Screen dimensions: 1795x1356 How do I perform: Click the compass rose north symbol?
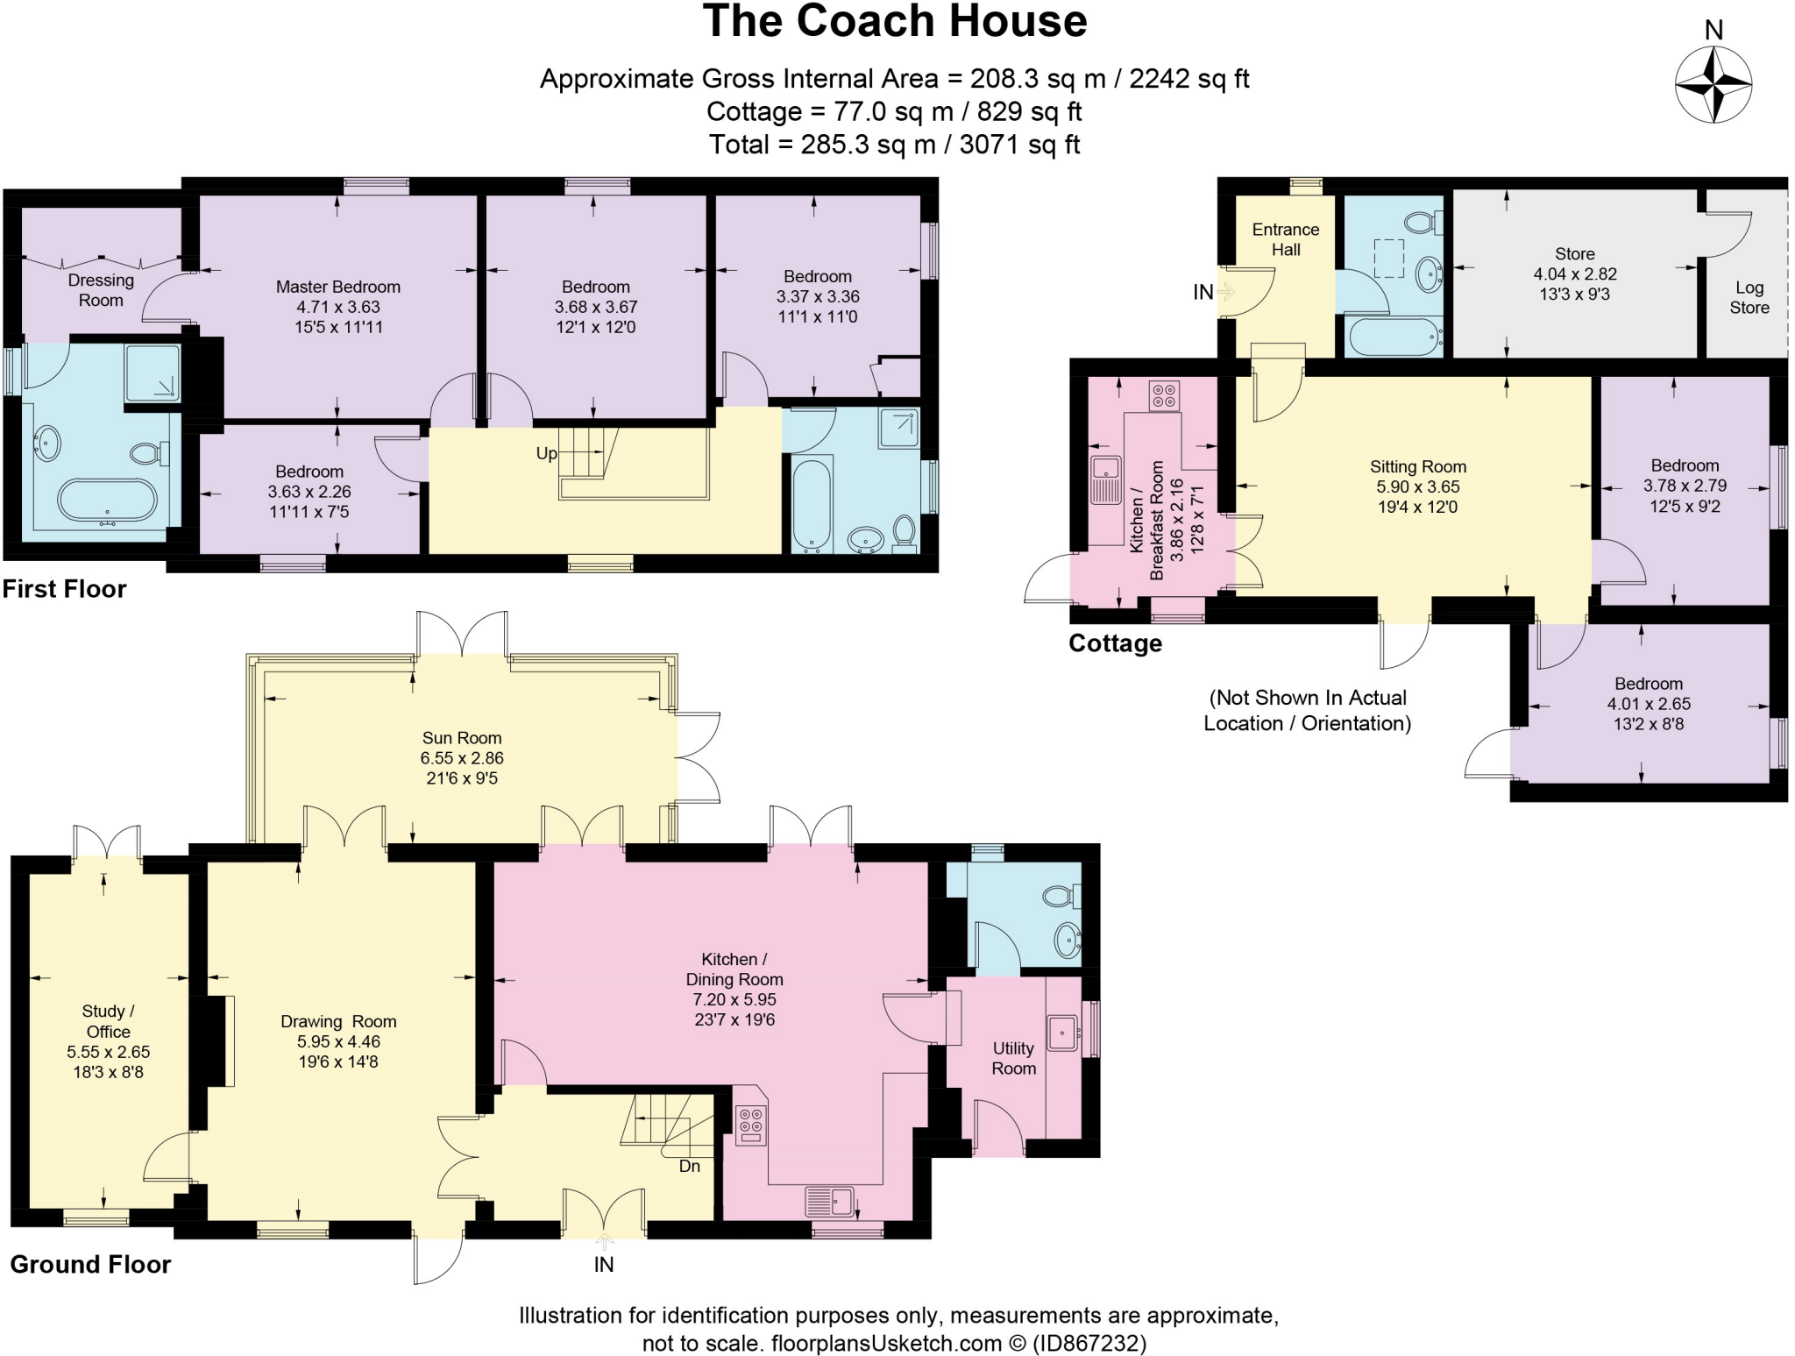click(1713, 85)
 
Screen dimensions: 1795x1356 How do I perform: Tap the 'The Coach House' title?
click(895, 21)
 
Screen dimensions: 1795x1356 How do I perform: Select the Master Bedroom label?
click(338, 287)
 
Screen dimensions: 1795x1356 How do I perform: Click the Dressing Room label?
click(101, 290)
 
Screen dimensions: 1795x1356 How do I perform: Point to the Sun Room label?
click(462, 738)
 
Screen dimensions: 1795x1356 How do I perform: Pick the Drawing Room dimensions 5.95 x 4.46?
click(338, 1041)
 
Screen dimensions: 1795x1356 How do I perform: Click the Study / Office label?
click(108, 1021)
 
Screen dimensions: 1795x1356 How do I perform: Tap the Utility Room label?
click(1014, 1058)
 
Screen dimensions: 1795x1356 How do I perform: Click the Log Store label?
click(1749, 297)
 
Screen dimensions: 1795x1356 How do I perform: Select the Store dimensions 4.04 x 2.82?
click(1575, 273)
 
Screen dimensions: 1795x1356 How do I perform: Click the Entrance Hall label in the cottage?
click(1286, 239)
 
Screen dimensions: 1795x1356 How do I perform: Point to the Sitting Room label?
click(1418, 467)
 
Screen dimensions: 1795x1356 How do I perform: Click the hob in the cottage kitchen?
click(1164, 395)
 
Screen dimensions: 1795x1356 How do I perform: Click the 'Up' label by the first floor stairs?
click(546, 453)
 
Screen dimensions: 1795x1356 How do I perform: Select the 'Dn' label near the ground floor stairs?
click(690, 1166)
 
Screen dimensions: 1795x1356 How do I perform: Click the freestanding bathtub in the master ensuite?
click(107, 501)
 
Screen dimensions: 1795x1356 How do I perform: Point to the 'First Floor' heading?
click(64, 589)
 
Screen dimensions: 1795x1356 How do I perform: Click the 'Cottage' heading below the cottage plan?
click(1115, 643)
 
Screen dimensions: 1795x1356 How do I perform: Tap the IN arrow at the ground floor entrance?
click(605, 1241)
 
